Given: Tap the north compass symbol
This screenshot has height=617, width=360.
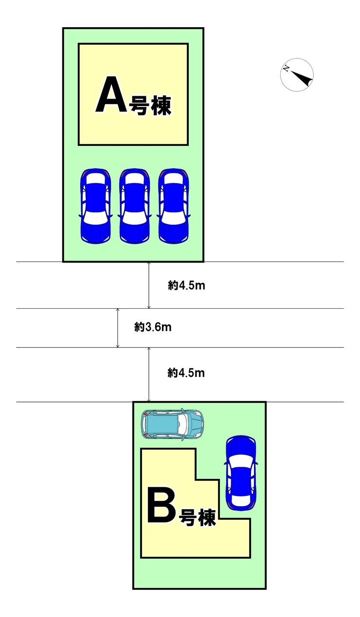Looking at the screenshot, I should click(x=297, y=75).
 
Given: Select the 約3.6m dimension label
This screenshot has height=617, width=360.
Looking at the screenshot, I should click(x=153, y=327).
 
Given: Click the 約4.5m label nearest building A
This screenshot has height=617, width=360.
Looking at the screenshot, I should click(x=186, y=286).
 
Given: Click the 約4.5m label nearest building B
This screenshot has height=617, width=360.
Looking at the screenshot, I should click(x=186, y=373).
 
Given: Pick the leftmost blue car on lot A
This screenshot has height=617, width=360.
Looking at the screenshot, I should click(x=95, y=206).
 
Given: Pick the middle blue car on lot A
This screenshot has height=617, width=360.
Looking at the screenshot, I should click(x=134, y=206).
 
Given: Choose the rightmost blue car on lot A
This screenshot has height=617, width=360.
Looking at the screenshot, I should click(x=174, y=206).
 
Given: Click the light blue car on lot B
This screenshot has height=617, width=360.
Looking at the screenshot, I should click(x=172, y=423).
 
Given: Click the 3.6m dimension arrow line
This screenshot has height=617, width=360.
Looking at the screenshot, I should click(x=118, y=328).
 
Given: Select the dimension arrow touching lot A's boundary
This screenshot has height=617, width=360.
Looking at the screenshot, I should click(x=149, y=285).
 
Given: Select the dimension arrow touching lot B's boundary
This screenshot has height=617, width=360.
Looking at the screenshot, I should click(x=149, y=374).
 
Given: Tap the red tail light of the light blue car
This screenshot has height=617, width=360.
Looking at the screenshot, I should click(x=145, y=413).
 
